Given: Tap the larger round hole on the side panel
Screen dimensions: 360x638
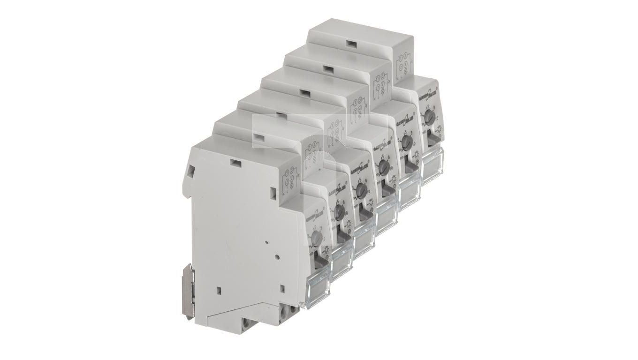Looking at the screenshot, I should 277,257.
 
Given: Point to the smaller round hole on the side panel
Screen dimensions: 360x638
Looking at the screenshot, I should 266,243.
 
